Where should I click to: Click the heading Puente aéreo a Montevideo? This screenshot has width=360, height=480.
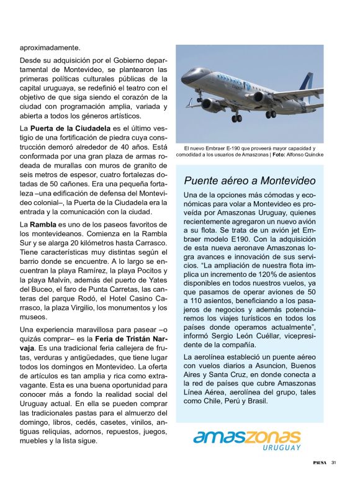click(250, 181)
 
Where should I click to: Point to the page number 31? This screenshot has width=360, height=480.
click(333, 462)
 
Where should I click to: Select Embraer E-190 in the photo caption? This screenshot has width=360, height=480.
click(213, 148)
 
